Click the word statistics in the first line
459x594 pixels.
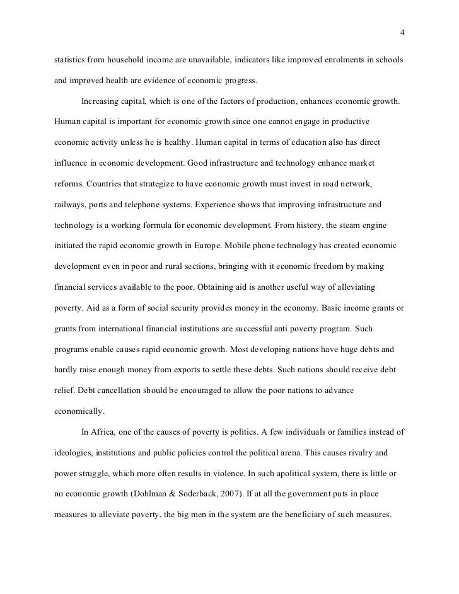(x=71, y=59)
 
